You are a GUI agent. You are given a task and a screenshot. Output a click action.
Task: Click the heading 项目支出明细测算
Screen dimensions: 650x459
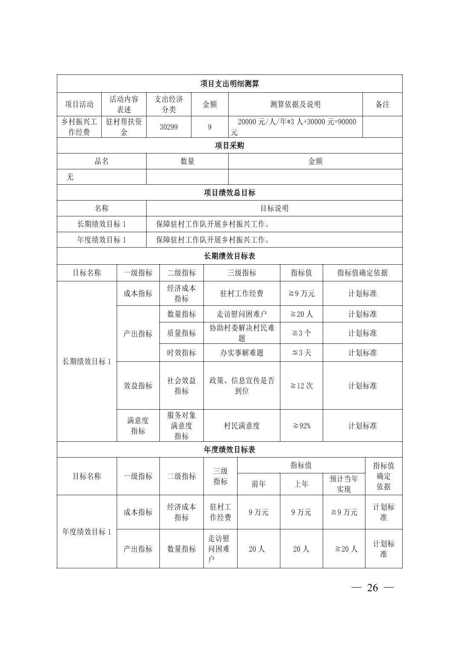click(x=229, y=84)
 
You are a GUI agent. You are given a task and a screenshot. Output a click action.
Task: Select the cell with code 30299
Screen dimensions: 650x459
click(x=168, y=127)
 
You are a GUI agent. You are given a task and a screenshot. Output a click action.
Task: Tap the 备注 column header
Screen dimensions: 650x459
click(x=382, y=104)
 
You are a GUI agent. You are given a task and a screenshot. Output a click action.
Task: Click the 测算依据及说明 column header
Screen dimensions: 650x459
click(x=295, y=104)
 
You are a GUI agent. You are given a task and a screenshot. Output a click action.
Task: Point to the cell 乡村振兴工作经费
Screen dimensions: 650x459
click(x=79, y=127)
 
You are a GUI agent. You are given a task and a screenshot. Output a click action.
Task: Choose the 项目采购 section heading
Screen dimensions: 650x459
click(x=229, y=145)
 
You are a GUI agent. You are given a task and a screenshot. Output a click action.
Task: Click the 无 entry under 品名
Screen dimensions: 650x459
click(x=70, y=177)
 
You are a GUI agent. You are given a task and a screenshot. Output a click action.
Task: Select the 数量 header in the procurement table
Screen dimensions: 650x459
click(x=187, y=161)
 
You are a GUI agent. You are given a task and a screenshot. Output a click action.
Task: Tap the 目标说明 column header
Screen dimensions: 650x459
click(x=274, y=208)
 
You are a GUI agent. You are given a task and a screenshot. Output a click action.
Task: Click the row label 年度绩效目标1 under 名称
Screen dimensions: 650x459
click(x=101, y=240)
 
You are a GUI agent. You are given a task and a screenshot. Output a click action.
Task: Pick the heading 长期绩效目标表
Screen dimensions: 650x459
click(x=229, y=256)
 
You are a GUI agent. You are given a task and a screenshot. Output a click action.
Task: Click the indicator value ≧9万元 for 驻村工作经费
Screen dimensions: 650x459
click(x=301, y=293)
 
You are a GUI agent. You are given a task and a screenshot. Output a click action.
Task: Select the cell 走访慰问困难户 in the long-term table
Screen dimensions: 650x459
click(x=241, y=314)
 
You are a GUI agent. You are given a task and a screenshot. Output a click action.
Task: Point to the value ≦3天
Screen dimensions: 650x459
click(x=301, y=353)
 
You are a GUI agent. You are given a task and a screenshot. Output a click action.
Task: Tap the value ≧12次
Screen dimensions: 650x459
click(x=301, y=386)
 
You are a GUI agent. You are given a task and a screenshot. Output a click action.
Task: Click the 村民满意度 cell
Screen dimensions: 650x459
click(x=241, y=426)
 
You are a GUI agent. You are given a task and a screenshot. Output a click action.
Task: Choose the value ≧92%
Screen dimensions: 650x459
click(x=301, y=426)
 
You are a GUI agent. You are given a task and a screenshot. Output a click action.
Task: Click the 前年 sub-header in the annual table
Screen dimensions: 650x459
click(x=258, y=484)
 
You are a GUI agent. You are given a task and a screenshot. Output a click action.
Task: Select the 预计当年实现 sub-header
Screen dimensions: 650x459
click(x=344, y=484)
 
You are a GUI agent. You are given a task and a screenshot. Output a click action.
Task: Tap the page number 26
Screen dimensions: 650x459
click(x=372, y=588)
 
